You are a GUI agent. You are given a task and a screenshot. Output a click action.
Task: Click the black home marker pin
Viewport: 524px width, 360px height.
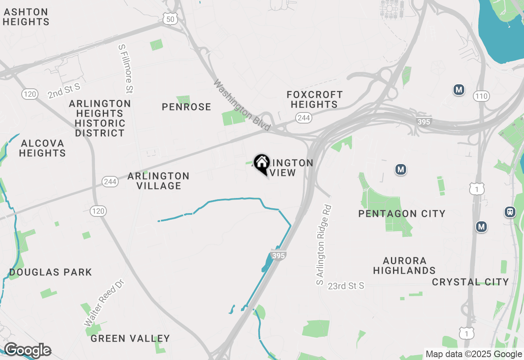[261, 164]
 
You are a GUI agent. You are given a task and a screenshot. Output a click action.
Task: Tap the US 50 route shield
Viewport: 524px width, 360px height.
[169, 18]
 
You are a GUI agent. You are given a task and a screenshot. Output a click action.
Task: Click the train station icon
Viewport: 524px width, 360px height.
[510, 212]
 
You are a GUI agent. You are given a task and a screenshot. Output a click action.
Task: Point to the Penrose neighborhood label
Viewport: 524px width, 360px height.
[186, 107]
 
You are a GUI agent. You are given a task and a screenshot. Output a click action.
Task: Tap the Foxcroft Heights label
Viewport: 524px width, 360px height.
[314, 99]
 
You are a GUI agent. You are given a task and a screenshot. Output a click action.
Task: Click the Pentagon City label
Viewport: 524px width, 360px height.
[402, 214]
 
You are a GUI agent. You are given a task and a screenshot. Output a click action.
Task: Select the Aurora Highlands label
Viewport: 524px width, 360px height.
[404, 265]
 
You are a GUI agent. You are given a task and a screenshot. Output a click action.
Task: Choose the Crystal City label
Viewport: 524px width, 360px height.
[470, 282]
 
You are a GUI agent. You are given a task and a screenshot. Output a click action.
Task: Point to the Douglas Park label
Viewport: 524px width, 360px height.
[51, 272]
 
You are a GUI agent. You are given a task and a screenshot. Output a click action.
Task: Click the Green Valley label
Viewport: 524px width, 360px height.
[130, 338]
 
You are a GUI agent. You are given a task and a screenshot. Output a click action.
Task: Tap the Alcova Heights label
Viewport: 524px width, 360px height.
[43, 148]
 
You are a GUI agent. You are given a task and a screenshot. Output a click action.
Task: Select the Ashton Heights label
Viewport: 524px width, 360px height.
[26, 17]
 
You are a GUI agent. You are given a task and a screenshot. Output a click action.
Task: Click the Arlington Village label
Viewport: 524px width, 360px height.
[158, 181]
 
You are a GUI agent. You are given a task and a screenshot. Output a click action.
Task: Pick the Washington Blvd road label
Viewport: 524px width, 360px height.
[242, 106]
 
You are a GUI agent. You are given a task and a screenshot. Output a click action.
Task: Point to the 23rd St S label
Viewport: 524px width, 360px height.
[346, 286]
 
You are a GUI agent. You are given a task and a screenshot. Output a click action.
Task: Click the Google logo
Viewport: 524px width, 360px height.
[27, 351]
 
